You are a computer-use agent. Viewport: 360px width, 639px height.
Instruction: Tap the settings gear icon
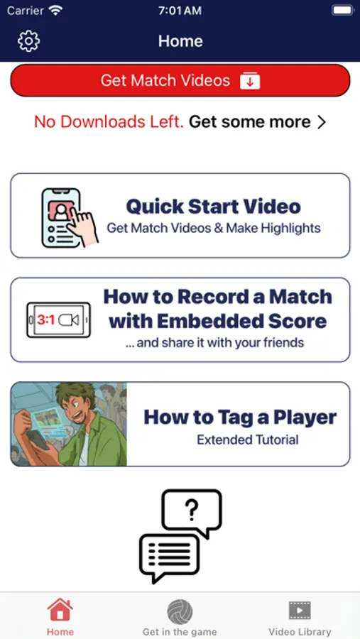coord(28,41)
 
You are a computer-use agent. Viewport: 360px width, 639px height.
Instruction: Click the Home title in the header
coord(180,41)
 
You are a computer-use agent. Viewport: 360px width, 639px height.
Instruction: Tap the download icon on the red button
coord(250,80)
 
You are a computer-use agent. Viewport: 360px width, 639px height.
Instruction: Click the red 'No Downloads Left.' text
coord(109,121)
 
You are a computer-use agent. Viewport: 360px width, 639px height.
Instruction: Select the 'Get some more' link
coord(249,121)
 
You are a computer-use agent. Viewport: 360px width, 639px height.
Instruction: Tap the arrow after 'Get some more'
coord(322,122)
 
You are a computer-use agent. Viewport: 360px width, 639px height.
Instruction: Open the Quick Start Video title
coord(214,206)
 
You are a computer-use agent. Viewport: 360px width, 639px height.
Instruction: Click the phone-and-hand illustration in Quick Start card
coord(70,217)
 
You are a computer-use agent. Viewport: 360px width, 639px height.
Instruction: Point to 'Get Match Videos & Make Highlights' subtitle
coord(214,228)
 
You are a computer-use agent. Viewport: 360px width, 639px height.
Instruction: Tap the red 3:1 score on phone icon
coord(46,320)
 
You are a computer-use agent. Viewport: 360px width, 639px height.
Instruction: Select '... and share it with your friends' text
coord(215,343)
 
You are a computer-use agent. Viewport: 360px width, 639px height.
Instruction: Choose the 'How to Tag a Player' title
coord(240,417)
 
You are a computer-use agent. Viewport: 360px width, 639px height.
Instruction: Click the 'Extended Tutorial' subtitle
coord(248,439)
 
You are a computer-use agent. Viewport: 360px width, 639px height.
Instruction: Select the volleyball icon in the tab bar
coord(180,613)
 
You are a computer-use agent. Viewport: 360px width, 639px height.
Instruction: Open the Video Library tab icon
coord(300,611)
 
